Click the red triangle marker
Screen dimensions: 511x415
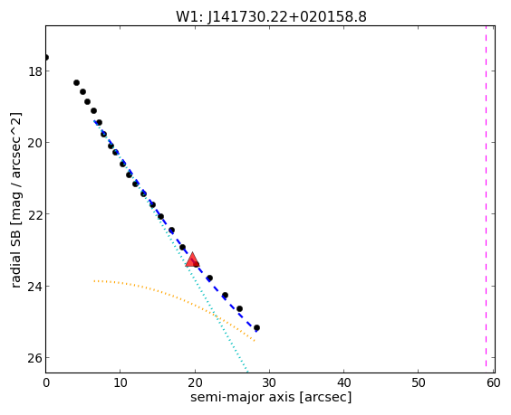click(192, 259)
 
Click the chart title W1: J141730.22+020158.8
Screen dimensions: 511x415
click(271, 17)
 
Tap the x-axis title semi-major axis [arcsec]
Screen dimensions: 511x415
click(271, 398)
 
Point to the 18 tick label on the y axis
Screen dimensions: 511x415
click(35, 71)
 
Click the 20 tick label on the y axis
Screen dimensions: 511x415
click(35, 143)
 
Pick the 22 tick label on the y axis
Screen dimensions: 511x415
click(35, 214)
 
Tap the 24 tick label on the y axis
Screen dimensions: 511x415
click(35, 287)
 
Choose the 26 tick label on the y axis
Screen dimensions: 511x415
click(35, 358)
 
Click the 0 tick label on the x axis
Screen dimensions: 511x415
click(46, 382)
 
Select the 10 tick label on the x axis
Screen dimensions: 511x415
click(121, 382)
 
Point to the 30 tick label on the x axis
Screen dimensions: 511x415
click(269, 382)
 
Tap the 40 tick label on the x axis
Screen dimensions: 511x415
click(343, 382)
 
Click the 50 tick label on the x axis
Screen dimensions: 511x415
click(419, 382)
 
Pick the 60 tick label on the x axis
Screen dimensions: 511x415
click(493, 382)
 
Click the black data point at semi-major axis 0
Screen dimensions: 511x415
click(46, 58)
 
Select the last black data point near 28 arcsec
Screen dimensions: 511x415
click(256, 327)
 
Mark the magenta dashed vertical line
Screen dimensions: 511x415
click(486, 199)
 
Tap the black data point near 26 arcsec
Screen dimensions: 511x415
click(239, 308)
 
